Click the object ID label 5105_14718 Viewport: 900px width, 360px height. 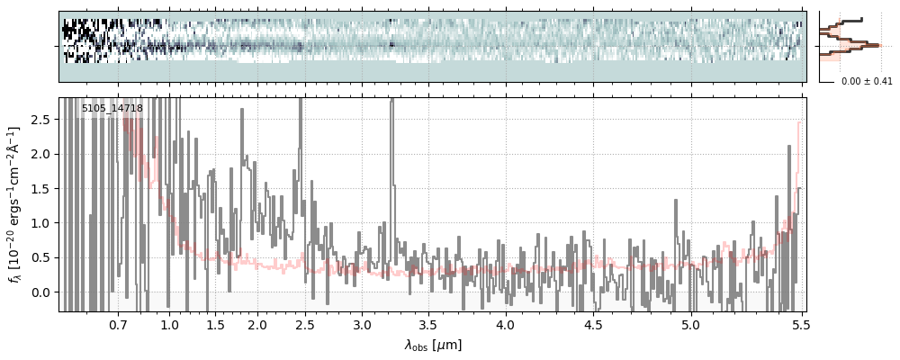[x=112, y=109]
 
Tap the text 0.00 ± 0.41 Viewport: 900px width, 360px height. [x=865, y=82]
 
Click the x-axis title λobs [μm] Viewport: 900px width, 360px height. [x=433, y=344]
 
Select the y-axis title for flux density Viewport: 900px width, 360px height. [x=15, y=204]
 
